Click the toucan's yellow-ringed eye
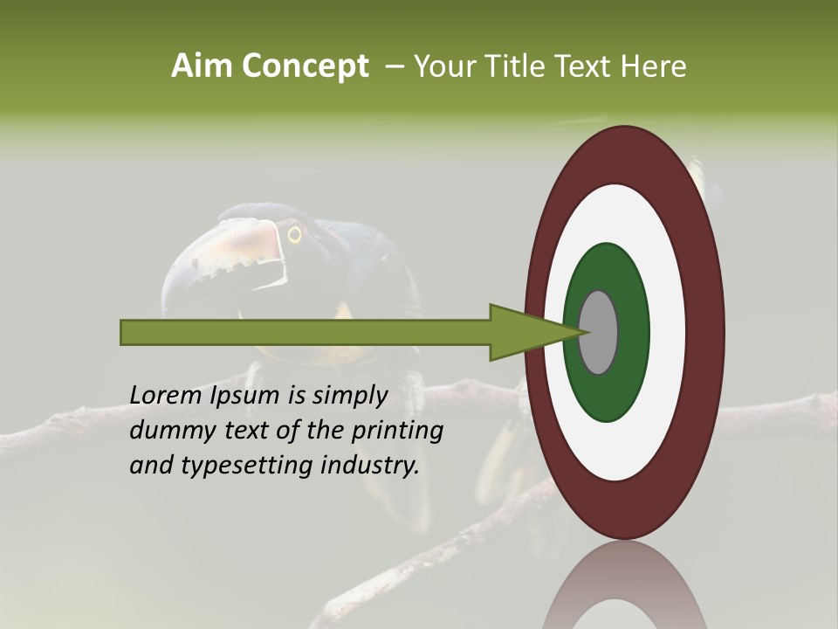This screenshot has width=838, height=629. pyautogui.click(x=294, y=234)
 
